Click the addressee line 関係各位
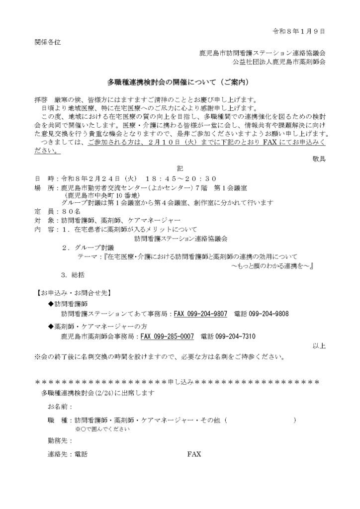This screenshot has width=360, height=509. click(x=47, y=42)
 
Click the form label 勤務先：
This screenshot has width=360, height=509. click(x=59, y=440)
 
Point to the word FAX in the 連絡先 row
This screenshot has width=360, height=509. click(x=194, y=454)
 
